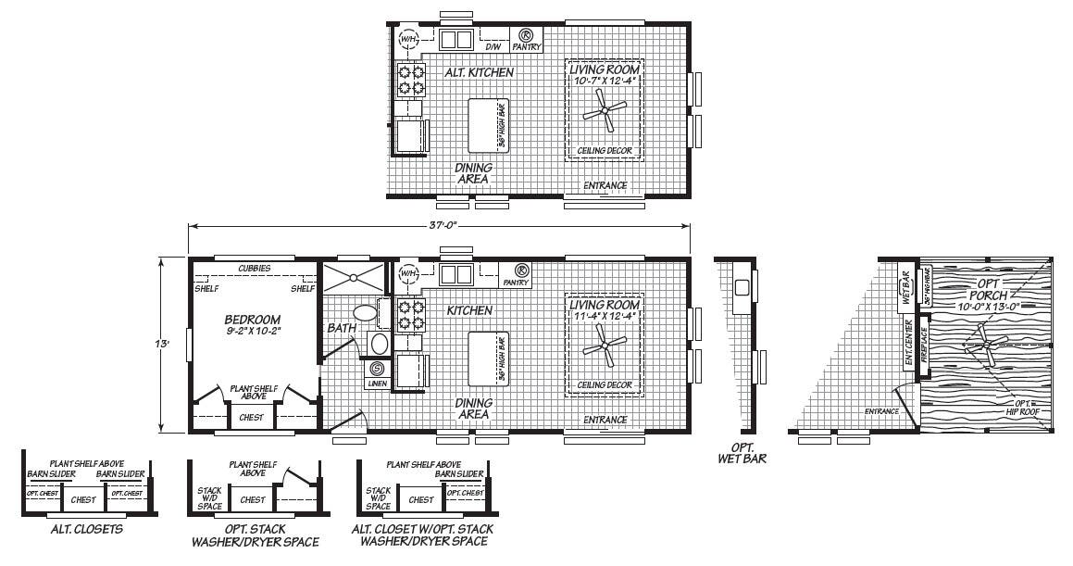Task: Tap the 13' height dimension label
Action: pos(162,344)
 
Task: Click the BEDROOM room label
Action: pos(252,320)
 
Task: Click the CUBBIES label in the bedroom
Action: pos(254,268)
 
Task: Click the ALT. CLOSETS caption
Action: pos(89,530)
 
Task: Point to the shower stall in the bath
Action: pos(352,278)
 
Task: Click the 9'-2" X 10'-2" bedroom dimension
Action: pos(252,331)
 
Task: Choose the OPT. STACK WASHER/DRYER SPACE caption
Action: pos(255,535)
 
